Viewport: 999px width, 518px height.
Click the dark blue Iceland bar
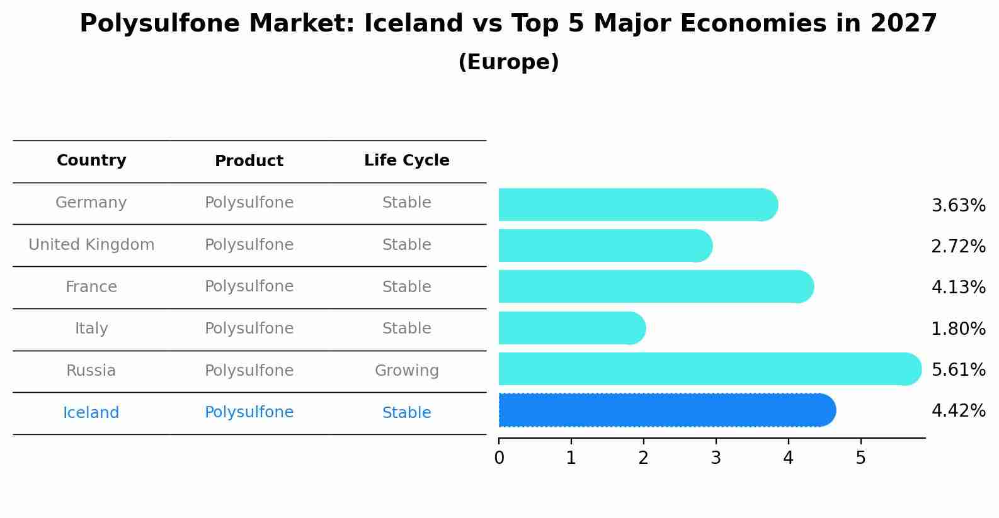pyautogui.click(x=666, y=410)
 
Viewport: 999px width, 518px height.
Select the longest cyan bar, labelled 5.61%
pyautogui.click(x=709, y=369)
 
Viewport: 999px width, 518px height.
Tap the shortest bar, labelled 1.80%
pyautogui.click(x=571, y=328)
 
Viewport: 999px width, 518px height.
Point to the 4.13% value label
pyautogui.click(x=958, y=288)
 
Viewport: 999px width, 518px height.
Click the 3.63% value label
pyautogui.click(x=958, y=206)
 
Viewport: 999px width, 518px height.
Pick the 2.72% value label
pyautogui.click(x=958, y=247)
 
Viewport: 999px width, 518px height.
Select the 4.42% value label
pyautogui.click(x=958, y=411)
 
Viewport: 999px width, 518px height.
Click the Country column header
pyautogui.click(x=91, y=160)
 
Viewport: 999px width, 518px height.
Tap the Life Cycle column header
pyautogui.click(x=406, y=160)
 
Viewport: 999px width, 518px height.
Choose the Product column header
pyautogui.click(x=249, y=161)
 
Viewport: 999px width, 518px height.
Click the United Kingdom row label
pyautogui.click(x=91, y=245)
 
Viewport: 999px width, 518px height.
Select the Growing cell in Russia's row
pyautogui.click(x=406, y=371)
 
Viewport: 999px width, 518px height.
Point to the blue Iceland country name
pyautogui.click(x=91, y=413)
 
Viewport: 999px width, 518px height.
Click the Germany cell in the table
pyautogui.click(x=91, y=203)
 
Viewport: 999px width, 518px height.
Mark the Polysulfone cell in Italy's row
pyautogui.click(x=249, y=329)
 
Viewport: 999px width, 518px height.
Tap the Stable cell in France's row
pyautogui.click(x=406, y=287)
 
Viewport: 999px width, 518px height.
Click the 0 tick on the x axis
pyautogui.click(x=499, y=458)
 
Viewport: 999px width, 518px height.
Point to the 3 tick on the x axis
pyautogui.click(x=716, y=458)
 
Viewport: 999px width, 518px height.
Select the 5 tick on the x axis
pyautogui.click(x=860, y=458)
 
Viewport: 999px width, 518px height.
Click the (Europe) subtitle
pyautogui.click(x=508, y=62)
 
